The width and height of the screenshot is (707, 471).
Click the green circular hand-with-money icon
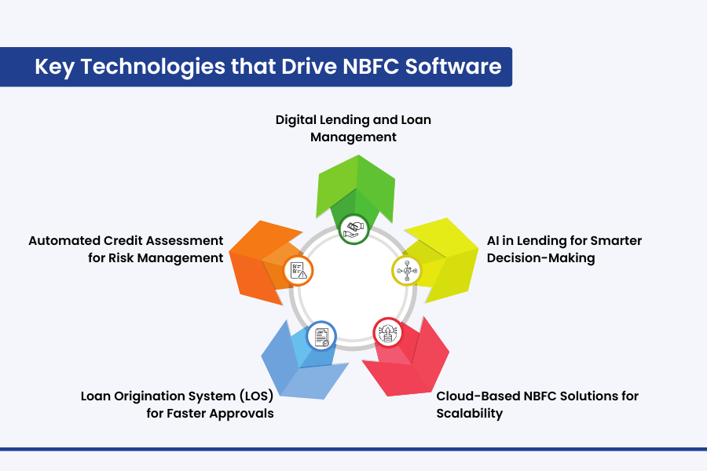(354, 229)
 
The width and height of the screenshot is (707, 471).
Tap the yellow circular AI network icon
(407, 271)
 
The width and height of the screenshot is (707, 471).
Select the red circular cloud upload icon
(388, 333)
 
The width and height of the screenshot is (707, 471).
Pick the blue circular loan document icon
(321, 336)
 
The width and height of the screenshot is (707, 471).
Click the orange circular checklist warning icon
(298, 270)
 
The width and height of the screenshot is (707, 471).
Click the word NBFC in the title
(371, 66)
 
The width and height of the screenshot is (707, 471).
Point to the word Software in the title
(453, 66)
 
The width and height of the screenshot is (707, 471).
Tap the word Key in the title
(54, 68)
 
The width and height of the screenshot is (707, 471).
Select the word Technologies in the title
(153, 68)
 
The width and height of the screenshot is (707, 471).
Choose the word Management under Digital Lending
(353, 137)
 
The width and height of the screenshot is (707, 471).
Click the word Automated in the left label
(64, 241)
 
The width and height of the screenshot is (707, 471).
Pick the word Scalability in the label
(470, 414)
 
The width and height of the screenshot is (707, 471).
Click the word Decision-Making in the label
(540, 258)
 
